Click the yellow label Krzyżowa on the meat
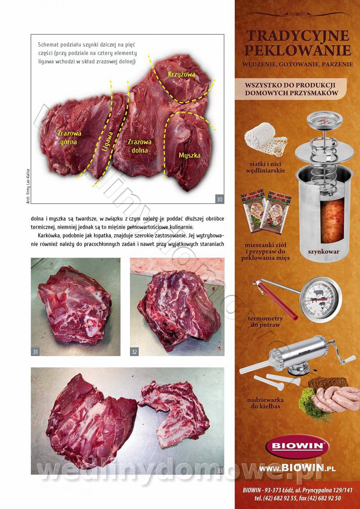click(x=181, y=74)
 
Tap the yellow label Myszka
click(x=189, y=156)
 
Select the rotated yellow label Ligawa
click(x=107, y=142)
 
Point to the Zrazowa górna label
click(x=69, y=137)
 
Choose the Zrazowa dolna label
click(x=139, y=146)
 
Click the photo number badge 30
click(x=220, y=199)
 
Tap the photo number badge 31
click(x=36, y=352)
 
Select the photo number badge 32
click(x=135, y=352)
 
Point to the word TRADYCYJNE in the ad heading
click(x=297, y=36)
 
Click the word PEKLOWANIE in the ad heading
click(x=297, y=51)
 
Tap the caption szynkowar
click(x=324, y=252)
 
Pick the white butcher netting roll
click(x=265, y=138)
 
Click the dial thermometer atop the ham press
click(x=324, y=120)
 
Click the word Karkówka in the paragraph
click(x=49, y=235)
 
